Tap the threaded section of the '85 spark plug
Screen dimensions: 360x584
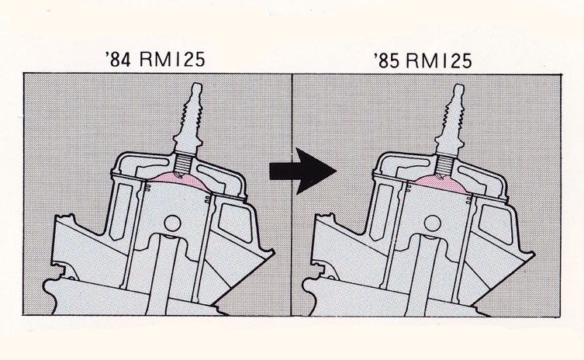(447, 163)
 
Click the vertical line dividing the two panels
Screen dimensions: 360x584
(291, 233)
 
